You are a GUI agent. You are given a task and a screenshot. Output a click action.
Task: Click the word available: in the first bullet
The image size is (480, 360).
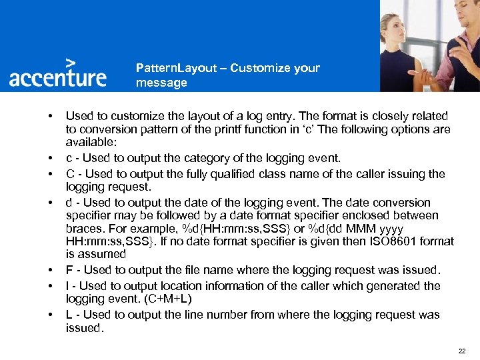click(90, 142)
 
